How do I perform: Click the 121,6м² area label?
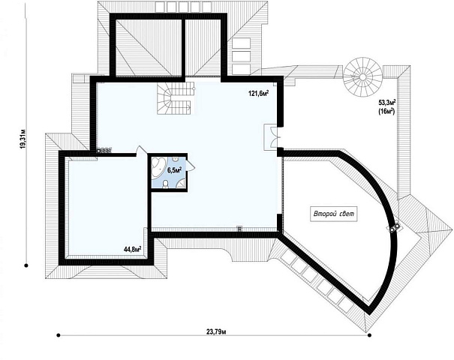[258, 93]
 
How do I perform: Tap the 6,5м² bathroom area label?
[174, 169]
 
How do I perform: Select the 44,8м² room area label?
[132, 249]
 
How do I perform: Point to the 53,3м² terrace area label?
[386, 102]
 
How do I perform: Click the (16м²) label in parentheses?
[386, 111]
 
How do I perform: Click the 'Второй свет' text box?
[333, 214]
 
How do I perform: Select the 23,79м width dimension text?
[216, 332]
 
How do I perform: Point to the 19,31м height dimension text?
[23, 139]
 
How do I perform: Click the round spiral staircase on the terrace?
[362, 77]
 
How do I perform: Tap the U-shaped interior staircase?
[175, 98]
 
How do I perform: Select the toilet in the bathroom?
[166, 184]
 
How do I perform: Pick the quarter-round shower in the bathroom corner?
[182, 184]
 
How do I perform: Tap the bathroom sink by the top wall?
[175, 160]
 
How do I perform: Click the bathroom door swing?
[190, 165]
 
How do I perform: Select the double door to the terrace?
[272, 137]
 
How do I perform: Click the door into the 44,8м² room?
[142, 151]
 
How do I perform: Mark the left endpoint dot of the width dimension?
[59, 335]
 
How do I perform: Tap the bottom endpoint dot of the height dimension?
[26, 265]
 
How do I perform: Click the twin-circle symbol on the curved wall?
[394, 227]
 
